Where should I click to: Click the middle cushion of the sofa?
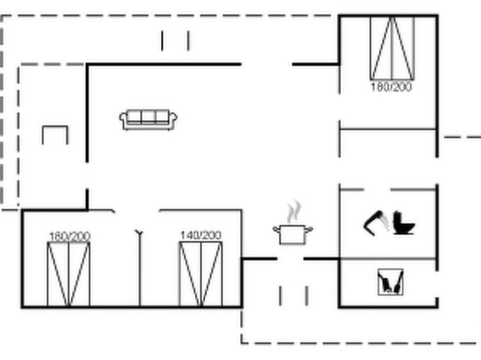pyautogui.click(x=149, y=117)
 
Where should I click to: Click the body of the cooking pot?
pyautogui.click(x=293, y=235)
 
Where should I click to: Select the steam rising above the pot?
pyautogui.click(x=294, y=211)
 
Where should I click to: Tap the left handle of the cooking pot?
pyautogui.click(x=276, y=229)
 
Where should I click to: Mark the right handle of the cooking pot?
pyautogui.click(x=310, y=229)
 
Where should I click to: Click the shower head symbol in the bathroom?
pyautogui.click(x=375, y=223)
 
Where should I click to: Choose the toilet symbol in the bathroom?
pyautogui.click(x=404, y=223)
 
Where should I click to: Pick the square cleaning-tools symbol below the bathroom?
pyautogui.click(x=390, y=282)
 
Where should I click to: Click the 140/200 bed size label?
pyautogui.click(x=201, y=235)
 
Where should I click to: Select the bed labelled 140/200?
pyautogui.click(x=201, y=274)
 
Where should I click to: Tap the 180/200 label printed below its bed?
pyautogui.click(x=392, y=87)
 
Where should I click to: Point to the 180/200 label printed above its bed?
pyautogui.click(x=69, y=236)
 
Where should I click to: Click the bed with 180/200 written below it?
pyautogui.click(x=392, y=48)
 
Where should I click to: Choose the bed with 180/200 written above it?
pyautogui.click(x=69, y=274)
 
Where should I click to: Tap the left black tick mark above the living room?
pyautogui.click(x=162, y=41)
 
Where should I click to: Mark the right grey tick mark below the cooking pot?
pyautogui.click(x=307, y=296)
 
